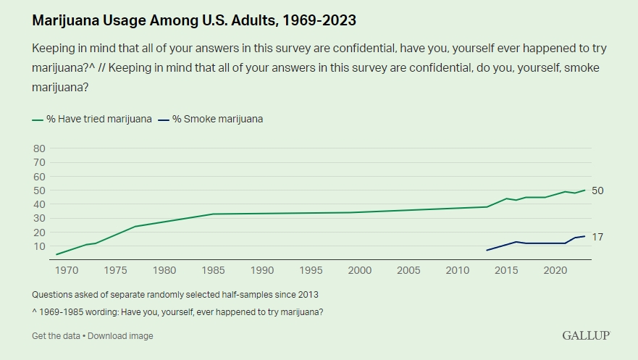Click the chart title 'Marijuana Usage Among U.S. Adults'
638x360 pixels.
click(194, 20)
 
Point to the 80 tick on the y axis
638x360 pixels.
click(39, 148)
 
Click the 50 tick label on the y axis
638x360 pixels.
click(39, 191)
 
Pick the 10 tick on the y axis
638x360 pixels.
click(39, 246)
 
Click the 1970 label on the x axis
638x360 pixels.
click(66, 271)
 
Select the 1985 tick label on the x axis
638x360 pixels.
click(213, 271)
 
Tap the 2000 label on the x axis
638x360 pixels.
click(360, 271)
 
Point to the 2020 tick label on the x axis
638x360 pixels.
click(555, 271)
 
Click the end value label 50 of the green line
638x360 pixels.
click(597, 191)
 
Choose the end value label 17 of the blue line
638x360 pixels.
click(597, 237)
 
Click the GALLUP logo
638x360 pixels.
click(586, 335)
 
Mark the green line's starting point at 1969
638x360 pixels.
click(56, 254)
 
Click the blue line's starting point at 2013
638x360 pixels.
click(487, 251)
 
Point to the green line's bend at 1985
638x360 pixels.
click(213, 214)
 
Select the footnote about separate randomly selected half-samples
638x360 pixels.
click(175, 295)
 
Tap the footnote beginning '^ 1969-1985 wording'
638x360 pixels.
click(177, 312)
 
